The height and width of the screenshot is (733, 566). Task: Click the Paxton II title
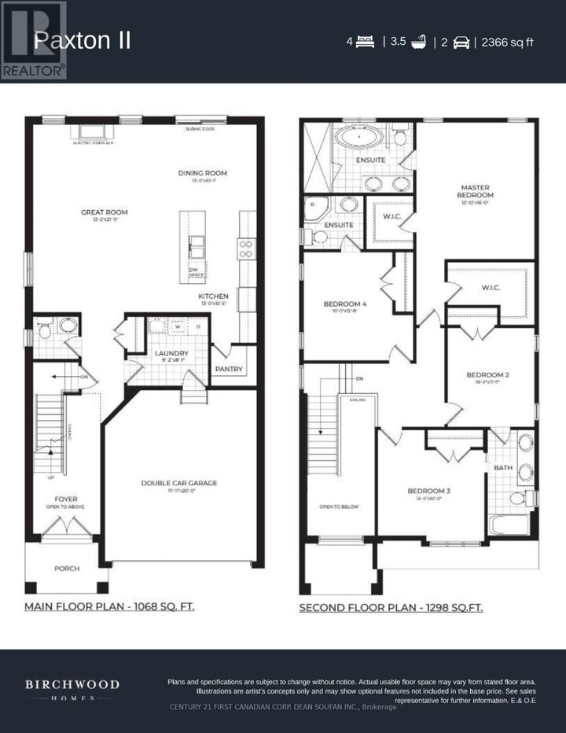click(x=82, y=41)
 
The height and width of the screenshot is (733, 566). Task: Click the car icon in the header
click(x=461, y=42)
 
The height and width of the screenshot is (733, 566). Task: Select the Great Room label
click(x=104, y=212)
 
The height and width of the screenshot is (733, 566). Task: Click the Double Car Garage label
click(x=178, y=483)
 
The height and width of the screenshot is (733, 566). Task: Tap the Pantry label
click(x=229, y=369)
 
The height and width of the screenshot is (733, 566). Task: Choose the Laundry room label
click(x=171, y=354)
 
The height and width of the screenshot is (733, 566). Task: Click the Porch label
click(x=67, y=568)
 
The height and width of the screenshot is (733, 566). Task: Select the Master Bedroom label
click(x=476, y=191)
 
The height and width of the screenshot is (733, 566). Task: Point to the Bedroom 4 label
click(x=340, y=304)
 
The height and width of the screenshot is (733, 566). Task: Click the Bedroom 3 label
click(x=428, y=492)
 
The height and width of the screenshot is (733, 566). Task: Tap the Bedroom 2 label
click(x=487, y=374)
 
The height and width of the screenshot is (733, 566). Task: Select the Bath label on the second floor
click(x=502, y=468)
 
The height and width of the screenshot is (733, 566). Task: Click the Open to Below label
click(x=339, y=506)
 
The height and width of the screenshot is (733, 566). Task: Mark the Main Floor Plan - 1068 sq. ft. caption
click(x=109, y=607)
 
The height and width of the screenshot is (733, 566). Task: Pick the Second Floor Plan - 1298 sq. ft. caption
click(x=391, y=607)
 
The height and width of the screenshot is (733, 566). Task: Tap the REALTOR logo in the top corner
click(x=33, y=40)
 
